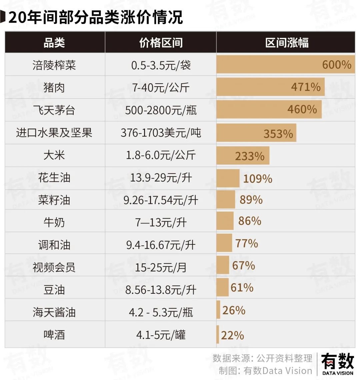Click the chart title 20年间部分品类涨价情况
pos(96,17)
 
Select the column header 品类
pos(54,43)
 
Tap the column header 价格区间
pos(161,43)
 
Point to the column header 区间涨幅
pos(287,43)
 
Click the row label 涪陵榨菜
pos(54,65)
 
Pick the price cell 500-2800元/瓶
pos(161,110)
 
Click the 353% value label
pos(278,134)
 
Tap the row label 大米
pos(54,155)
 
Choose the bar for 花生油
pos(228,178)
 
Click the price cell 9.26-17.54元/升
pos(161,200)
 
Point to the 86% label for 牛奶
pos(250,221)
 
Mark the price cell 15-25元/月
pos(161,267)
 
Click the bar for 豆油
pos(222,288)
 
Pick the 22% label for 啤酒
pos(232,335)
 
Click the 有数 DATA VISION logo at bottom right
pos(337,364)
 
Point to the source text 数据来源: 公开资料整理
pos(262,358)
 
